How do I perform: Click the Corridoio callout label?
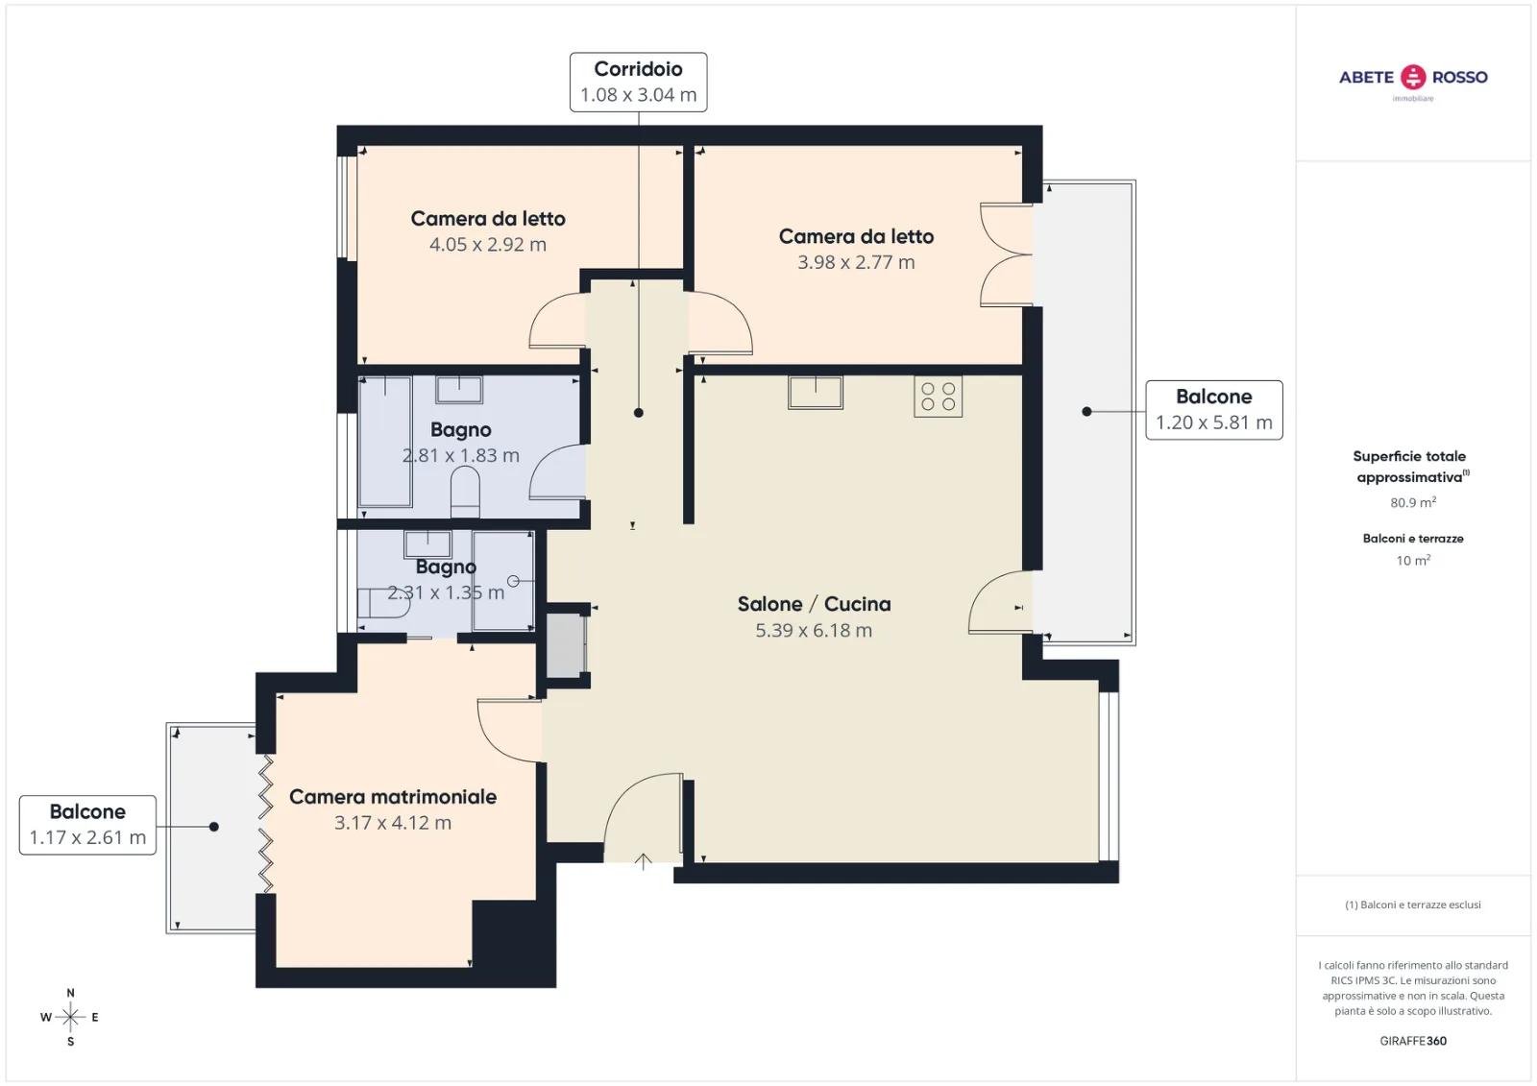point(638,82)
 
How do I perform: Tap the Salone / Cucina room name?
point(814,604)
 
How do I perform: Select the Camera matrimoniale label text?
point(393,796)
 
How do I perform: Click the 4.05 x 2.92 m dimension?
point(488,244)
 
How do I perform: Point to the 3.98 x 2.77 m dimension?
point(856,262)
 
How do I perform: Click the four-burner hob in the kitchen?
point(938,397)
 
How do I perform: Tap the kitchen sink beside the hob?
point(816,393)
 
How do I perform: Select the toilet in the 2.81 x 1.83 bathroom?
point(465,492)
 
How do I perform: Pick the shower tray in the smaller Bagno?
point(503,580)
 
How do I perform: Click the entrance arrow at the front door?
point(643,861)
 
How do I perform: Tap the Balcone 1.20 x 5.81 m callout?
point(1214,410)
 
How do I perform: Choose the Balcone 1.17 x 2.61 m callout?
point(87,825)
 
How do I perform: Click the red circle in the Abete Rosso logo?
point(1413,77)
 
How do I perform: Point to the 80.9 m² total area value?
point(1413,502)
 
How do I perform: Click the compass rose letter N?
point(71,993)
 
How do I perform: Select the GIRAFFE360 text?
point(1413,1041)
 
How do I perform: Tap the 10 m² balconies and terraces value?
point(1413,560)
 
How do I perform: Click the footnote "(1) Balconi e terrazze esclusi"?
point(1413,905)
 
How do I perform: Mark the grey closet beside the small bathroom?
point(566,645)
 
